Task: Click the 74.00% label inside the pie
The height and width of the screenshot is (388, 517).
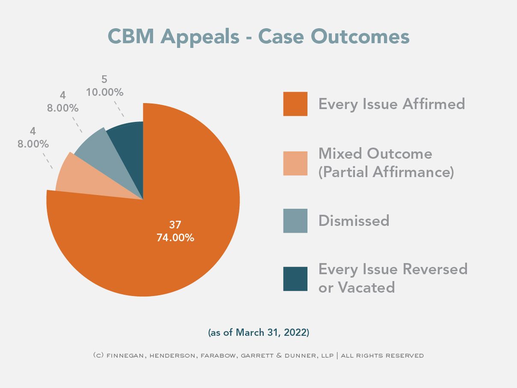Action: (x=175, y=238)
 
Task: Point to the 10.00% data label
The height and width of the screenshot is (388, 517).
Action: (x=105, y=92)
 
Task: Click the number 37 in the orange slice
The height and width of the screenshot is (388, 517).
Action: (x=175, y=225)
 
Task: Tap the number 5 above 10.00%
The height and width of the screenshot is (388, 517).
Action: (x=104, y=79)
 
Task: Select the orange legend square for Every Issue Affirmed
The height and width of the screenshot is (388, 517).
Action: (x=295, y=104)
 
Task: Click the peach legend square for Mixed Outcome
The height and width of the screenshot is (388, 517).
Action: (x=295, y=163)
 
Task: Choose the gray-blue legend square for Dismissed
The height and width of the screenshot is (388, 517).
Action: (x=295, y=221)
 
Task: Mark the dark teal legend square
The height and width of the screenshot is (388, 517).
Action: (x=295, y=279)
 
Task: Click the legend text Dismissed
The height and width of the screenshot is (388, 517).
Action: (x=354, y=221)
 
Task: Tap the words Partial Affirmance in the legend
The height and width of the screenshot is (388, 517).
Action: (x=386, y=172)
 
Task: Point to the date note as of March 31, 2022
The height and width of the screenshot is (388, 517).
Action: (x=258, y=332)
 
